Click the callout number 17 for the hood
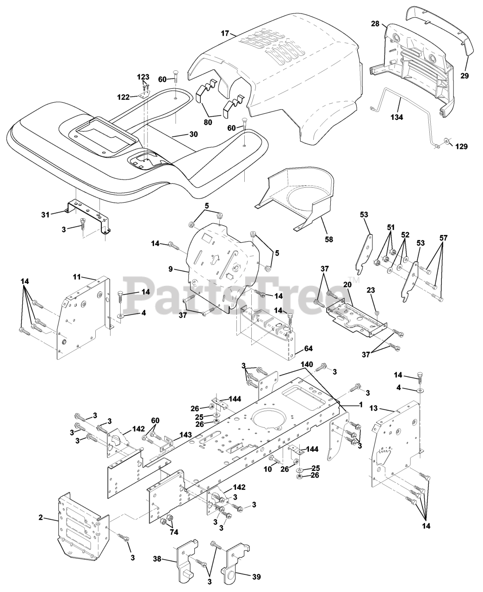point(225,33)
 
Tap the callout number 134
point(396,117)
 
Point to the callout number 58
point(329,239)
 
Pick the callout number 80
point(209,123)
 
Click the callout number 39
point(256,577)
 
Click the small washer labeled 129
point(446,141)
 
